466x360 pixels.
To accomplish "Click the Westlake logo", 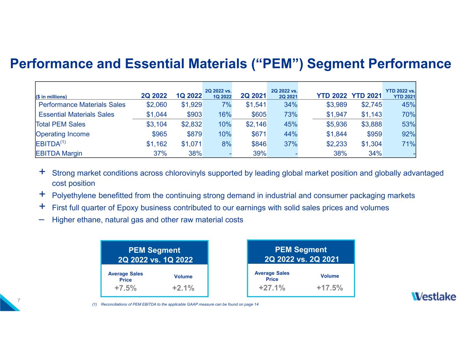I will click(x=434, y=296).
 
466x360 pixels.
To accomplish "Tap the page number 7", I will click(x=19, y=300).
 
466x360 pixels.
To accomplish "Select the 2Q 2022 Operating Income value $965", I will click(x=159, y=134).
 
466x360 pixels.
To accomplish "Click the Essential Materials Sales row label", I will click(x=76, y=114).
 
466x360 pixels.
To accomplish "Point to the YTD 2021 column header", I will click(x=367, y=96).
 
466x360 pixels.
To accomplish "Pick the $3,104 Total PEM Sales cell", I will click(x=157, y=124).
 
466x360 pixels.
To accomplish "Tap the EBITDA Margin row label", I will click(x=59, y=154).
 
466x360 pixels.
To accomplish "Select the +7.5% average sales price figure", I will click(x=126, y=288).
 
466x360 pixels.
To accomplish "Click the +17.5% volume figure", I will click(x=329, y=288).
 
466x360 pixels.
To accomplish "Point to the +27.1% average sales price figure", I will click(x=272, y=288).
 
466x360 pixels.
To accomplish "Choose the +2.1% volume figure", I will click(x=183, y=288).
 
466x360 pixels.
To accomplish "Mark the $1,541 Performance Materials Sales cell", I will click(x=256, y=104).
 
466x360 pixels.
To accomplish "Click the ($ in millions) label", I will click(x=52, y=97).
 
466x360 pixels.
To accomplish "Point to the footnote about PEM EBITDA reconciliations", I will click(x=175, y=304).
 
